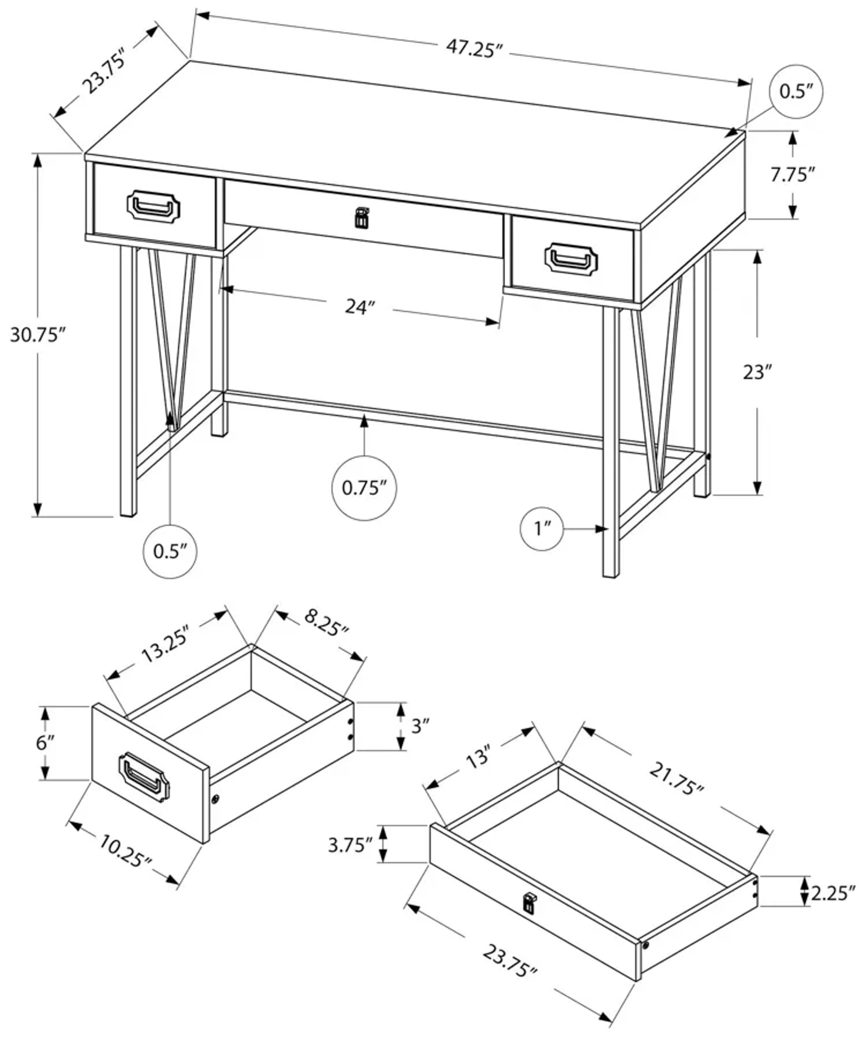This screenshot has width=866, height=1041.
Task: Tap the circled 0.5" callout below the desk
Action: [x=170, y=551]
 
